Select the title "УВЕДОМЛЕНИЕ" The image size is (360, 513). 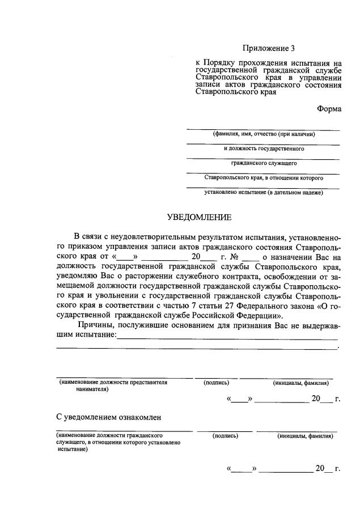click(x=199, y=217)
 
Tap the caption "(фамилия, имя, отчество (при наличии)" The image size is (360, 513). click(x=264, y=134)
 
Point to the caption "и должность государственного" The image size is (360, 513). click(x=264, y=149)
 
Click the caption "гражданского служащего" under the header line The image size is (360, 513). click(x=264, y=164)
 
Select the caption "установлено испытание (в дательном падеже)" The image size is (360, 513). click(x=264, y=193)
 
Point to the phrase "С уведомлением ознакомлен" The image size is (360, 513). click(x=109, y=417)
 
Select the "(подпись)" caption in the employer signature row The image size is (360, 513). click(x=216, y=383)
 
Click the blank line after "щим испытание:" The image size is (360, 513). click(x=227, y=336)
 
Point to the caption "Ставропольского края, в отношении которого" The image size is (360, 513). click(x=264, y=178)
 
